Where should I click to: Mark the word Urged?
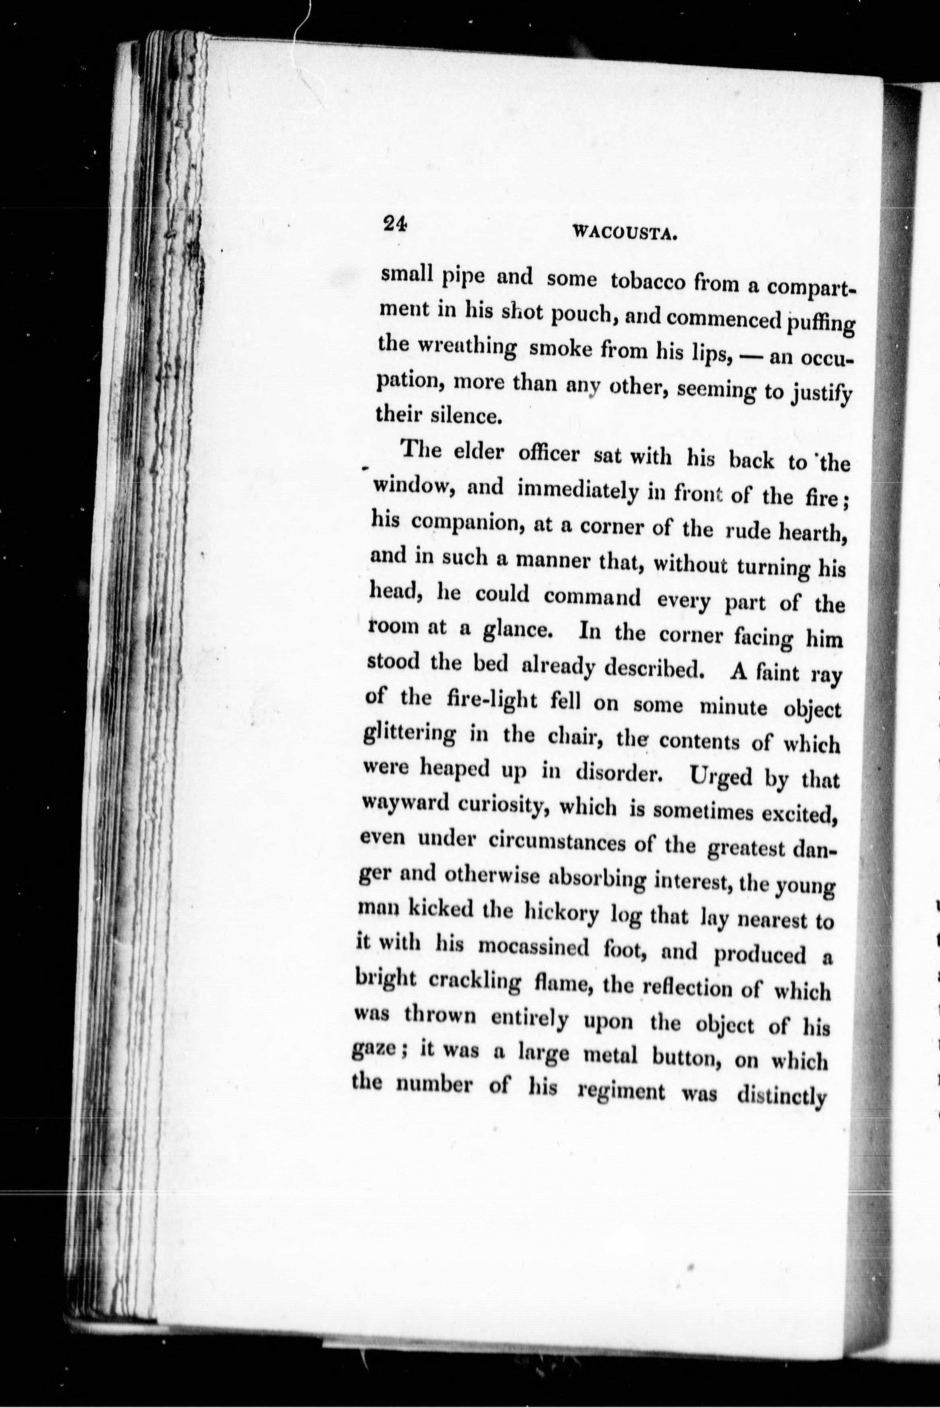pos(721,778)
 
